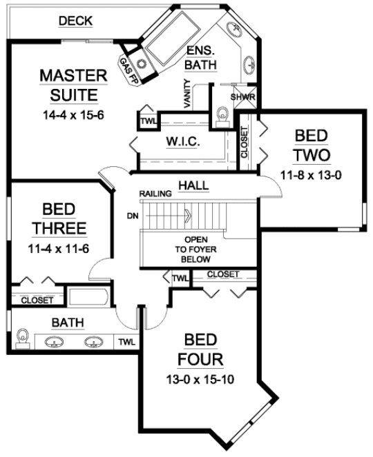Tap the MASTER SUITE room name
pos(73,85)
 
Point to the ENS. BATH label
pos(202,59)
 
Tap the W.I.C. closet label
pos(183,141)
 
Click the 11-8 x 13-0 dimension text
pos(312,174)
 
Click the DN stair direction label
pos(134,215)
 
